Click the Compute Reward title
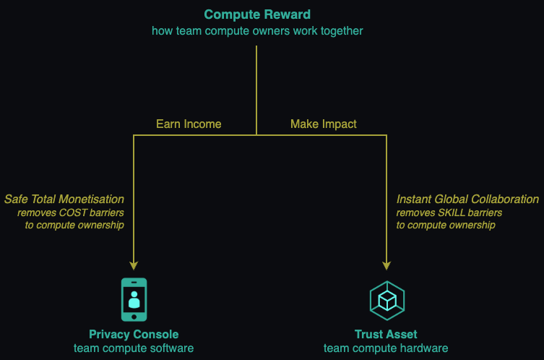click(x=256, y=14)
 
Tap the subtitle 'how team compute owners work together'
click(x=256, y=31)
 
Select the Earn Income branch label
click(x=189, y=124)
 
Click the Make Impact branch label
click(x=324, y=124)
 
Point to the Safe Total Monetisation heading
click(x=64, y=199)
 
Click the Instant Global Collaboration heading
click(x=467, y=199)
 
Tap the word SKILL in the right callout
click(x=454, y=213)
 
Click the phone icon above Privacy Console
click(x=134, y=299)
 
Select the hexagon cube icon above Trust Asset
click(x=387, y=300)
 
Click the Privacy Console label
click(x=134, y=335)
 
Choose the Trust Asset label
click(x=386, y=335)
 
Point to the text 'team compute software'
click(x=134, y=348)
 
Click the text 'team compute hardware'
click(x=386, y=348)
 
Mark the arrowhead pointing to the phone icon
click(x=134, y=265)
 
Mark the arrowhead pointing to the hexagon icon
click(x=387, y=265)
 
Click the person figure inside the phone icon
click(x=134, y=299)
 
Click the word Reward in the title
click(x=288, y=14)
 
